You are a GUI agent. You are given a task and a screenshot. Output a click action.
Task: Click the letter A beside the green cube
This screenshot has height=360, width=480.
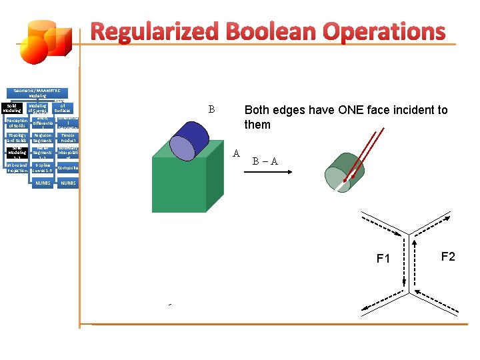236,153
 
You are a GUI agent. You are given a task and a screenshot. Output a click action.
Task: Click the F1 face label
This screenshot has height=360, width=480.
383,259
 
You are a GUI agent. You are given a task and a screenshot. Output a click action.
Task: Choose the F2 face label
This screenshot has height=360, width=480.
447,256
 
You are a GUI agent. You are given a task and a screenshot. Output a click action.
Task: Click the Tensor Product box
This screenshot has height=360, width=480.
68,138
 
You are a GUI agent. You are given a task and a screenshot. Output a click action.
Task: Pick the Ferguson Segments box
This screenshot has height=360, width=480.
42,138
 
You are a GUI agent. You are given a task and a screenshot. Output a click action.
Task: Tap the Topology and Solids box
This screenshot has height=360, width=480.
17,138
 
